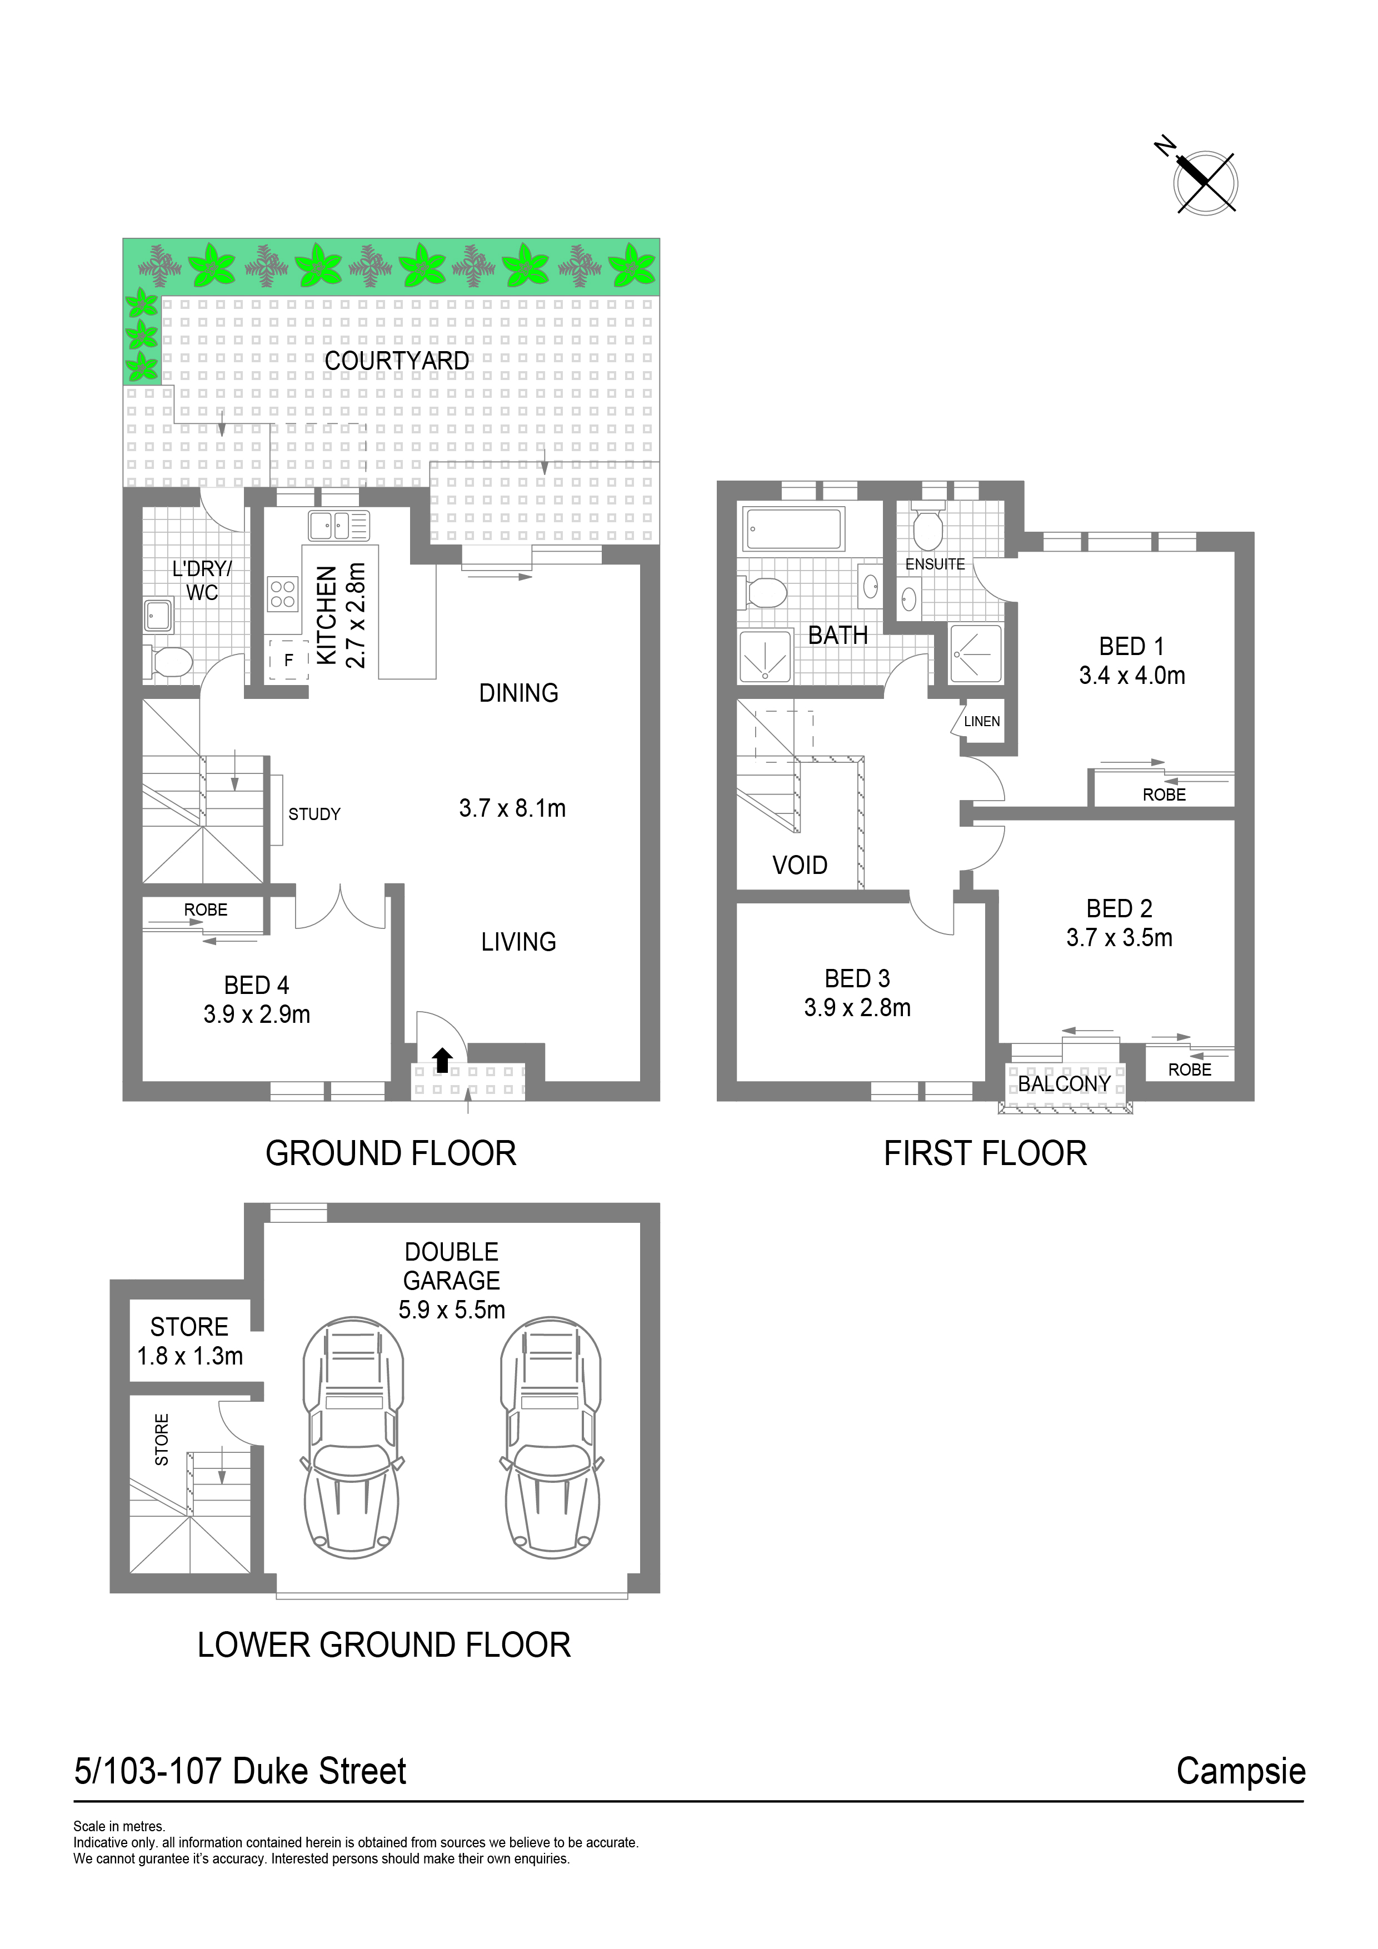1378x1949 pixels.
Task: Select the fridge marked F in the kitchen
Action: (289, 659)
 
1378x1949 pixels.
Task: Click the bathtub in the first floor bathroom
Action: (793, 529)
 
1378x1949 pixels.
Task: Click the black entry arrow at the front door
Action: (442, 1060)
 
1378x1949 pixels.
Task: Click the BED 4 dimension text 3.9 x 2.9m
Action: (256, 1015)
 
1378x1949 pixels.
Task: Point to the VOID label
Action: (800, 865)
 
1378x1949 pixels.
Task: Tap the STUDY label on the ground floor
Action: (314, 814)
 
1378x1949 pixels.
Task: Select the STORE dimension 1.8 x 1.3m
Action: (190, 1357)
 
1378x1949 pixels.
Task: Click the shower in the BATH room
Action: (766, 656)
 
